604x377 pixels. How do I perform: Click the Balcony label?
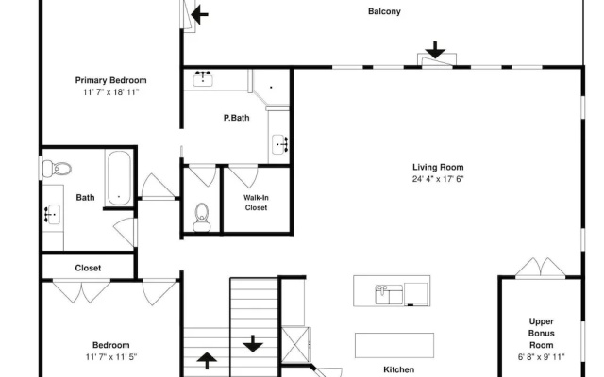(384, 11)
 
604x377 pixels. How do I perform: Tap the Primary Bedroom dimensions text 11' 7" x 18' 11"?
(110, 92)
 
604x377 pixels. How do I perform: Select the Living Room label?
(438, 168)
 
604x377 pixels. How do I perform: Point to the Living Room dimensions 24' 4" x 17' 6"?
(438, 179)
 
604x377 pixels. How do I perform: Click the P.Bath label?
(237, 118)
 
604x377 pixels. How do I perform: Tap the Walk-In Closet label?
(256, 203)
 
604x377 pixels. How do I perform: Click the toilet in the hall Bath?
(57, 169)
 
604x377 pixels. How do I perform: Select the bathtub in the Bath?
(119, 177)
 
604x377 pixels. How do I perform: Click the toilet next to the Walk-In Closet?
(201, 218)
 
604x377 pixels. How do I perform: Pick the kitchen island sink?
(389, 294)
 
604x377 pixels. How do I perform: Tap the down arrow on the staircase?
(253, 343)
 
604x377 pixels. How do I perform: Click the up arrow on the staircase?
(207, 361)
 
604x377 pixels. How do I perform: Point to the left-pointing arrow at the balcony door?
(199, 15)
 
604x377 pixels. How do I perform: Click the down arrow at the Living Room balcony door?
(435, 50)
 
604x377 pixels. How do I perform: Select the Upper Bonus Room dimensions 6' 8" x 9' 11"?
(541, 357)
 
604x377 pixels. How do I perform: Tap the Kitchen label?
(398, 369)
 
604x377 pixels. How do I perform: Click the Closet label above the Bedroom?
(88, 268)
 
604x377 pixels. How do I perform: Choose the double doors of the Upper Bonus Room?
(541, 268)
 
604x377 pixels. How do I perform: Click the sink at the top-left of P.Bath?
(202, 78)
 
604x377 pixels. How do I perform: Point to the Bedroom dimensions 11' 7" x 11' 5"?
(111, 357)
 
